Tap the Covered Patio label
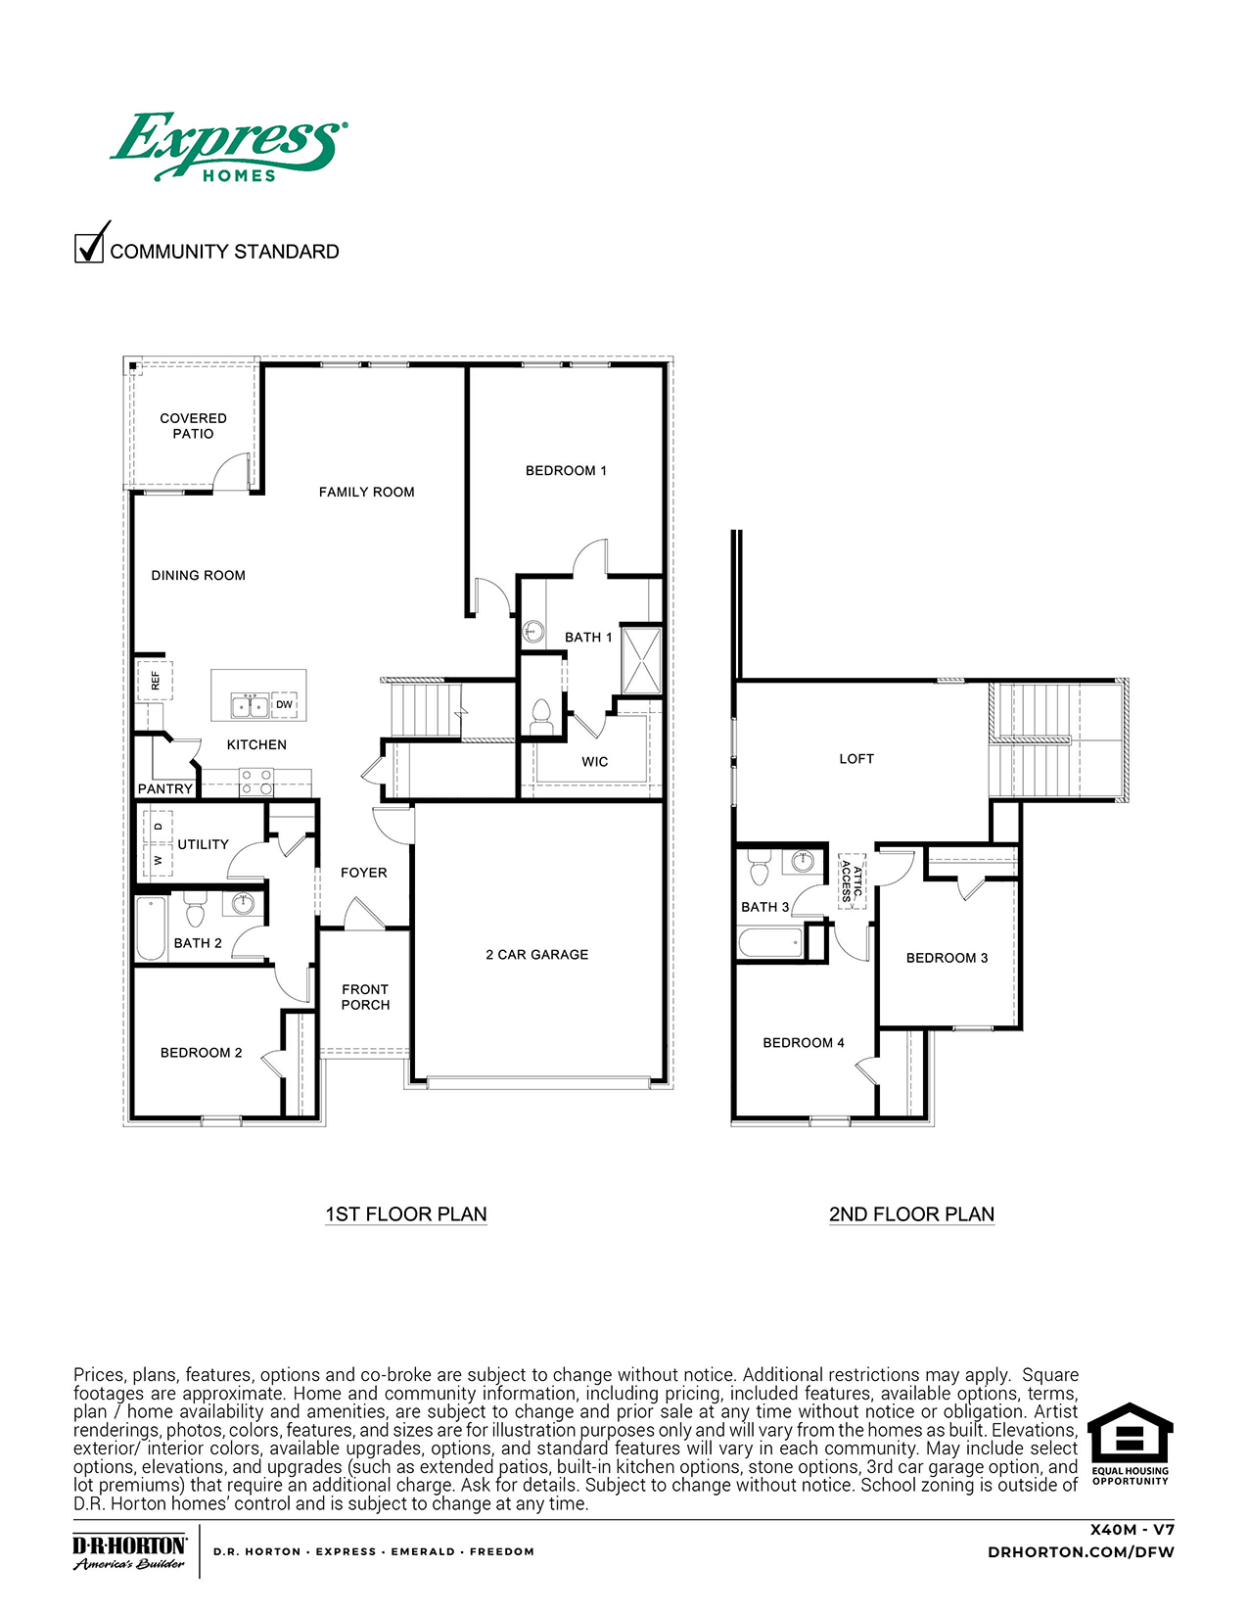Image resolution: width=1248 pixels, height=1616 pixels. coord(193,426)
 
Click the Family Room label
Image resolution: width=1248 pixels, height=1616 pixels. coord(366,492)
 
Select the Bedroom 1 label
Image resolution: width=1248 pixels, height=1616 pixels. coord(566,470)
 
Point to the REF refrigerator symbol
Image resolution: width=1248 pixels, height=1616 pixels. coord(156,679)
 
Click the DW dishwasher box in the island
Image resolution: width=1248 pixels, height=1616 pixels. coord(284,704)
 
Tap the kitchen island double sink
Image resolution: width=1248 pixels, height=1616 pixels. coord(249,705)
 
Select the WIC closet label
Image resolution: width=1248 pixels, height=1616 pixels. coord(594,761)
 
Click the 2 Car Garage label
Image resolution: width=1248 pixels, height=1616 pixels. coord(536,954)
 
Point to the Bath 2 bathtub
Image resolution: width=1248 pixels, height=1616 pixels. coord(151,927)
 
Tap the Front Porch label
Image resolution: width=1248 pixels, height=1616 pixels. coord(365,997)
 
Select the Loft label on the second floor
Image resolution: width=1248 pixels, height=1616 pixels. coord(856,758)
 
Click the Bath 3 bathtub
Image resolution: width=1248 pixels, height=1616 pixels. coord(771,943)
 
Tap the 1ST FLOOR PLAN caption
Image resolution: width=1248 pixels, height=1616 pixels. coord(405,1213)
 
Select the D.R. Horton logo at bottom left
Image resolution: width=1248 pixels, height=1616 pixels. coord(129,1551)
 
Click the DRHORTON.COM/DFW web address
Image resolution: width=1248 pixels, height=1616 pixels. coord(1081,1551)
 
